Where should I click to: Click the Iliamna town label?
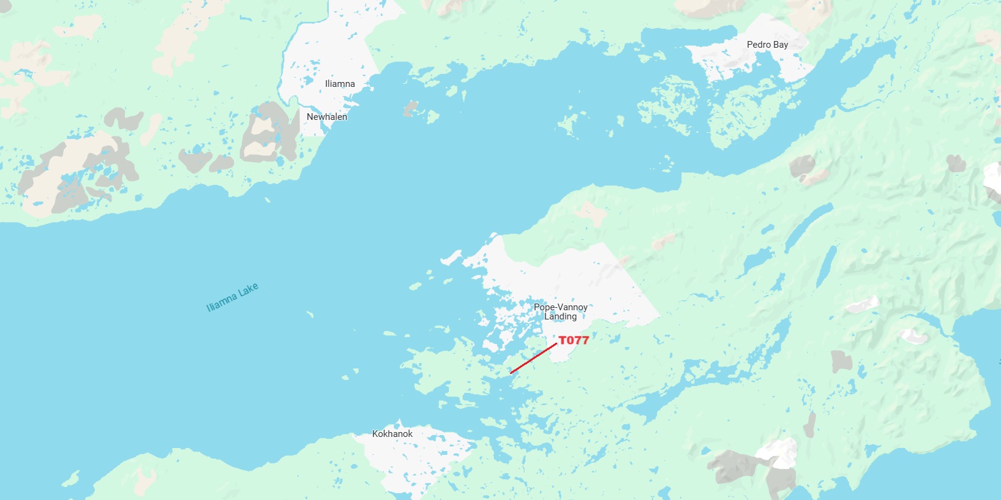tap(340, 84)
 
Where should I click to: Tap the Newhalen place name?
tap(327, 117)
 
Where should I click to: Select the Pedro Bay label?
tap(767, 45)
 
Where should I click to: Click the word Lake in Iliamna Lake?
tap(248, 290)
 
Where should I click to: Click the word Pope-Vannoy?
tap(560, 307)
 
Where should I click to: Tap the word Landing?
tap(560, 316)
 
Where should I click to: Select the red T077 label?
tap(574, 340)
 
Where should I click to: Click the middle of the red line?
tap(533, 358)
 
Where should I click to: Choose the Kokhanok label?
tap(392, 434)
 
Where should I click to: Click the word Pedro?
tap(759, 45)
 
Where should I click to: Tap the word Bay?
tap(781, 45)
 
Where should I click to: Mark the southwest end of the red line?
tap(511, 373)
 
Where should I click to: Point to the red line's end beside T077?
tap(556, 344)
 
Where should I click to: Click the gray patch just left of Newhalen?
tap(269, 135)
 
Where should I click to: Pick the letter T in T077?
tap(563, 340)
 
